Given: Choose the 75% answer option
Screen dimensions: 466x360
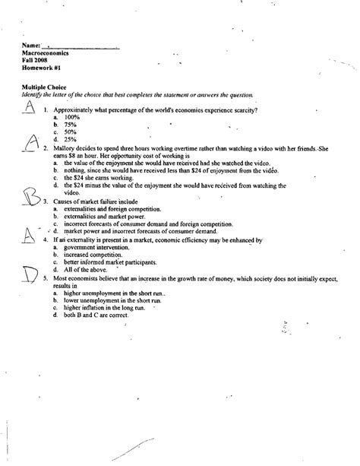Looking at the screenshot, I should coord(71,125).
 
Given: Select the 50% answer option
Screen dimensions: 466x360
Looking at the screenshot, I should coord(71,132).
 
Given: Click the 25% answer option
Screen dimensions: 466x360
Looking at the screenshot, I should coord(71,140).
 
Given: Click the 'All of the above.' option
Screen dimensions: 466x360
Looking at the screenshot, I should coord(84,270).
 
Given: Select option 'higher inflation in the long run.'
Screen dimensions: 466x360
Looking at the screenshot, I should coord(106,307).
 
